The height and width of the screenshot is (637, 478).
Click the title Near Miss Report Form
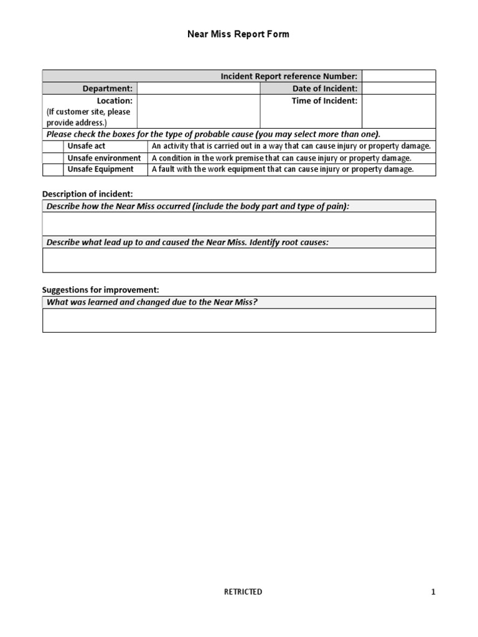tap(238, 34)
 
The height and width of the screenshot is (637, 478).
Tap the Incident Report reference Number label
tap(289, 76)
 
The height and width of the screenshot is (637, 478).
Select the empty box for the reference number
tap(398, 76)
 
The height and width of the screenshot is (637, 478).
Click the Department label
tap(112, 88)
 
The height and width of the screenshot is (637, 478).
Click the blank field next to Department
tap(198, 88)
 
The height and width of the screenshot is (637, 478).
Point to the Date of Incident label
tap(325, 88)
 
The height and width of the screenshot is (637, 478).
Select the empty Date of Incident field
tap(398, 88)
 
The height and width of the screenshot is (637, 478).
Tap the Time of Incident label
tap(324, 101)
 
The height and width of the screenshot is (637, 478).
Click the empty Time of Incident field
tap(398, 111)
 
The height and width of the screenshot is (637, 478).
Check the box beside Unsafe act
tap(52, 146)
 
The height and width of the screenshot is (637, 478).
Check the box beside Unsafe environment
tap(52, 158)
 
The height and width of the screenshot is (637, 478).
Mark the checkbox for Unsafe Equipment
tap(52, 169)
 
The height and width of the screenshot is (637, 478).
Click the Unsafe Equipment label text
tap(100, 169)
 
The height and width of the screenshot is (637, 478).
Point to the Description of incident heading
tap(87, 194)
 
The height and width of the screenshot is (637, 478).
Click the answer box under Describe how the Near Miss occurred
tap(239, 224)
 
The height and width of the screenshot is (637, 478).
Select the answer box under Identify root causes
tap(239, 260)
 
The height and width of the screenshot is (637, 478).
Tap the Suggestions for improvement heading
tap(100, 290)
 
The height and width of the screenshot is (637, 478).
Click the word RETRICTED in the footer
tap(243, 592)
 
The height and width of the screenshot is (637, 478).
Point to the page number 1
tap(433, 592)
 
